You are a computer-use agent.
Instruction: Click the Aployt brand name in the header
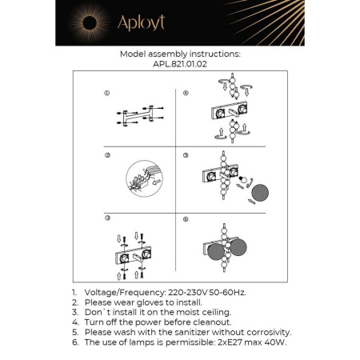[x=141, y=23]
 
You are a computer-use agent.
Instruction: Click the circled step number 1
[x=106, y=93]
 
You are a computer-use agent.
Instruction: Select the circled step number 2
[x=106, y=155]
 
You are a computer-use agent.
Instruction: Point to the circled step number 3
[x=106, y=218]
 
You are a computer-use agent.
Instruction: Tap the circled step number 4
[x=186, y=93]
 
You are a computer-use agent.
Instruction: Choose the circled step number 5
[x=186, y=155]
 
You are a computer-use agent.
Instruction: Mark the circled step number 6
[x=186, y=218]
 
